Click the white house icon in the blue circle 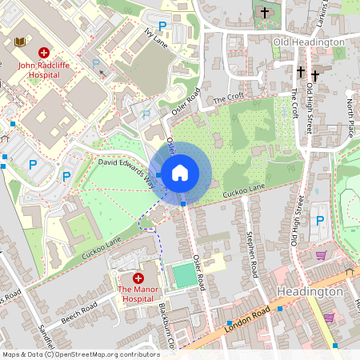pyautogui.click(x=180, y=172)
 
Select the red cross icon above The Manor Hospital pyautogui.click(x=138, y=277)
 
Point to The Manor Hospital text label pyautogui.click(x=138, y=294)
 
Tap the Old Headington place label pyautogui.click(x=308, y=42)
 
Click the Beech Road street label pyautogui.click(x=78, y=312)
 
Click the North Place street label pyautogui.click(x=350, y=113)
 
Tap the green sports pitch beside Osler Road pyautogui.click(x=183, y=277)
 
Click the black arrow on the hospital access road pyautogui.click(x=102, y=74)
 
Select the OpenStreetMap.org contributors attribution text pyautogui.click(x=104, y=354)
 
